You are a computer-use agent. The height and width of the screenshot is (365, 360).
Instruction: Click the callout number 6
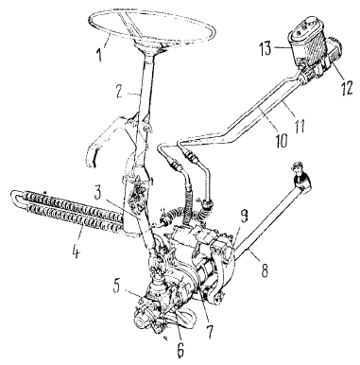pyautogui.click(x=180, y=349)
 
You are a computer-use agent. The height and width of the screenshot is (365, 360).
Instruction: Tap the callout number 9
pyautogui.click(x=244, y=217)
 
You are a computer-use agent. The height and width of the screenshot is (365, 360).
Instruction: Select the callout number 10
pyautogui.click(x=282, y=139)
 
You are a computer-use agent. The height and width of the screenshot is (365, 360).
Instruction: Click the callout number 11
pyautogui.click(x=299, y=126)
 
